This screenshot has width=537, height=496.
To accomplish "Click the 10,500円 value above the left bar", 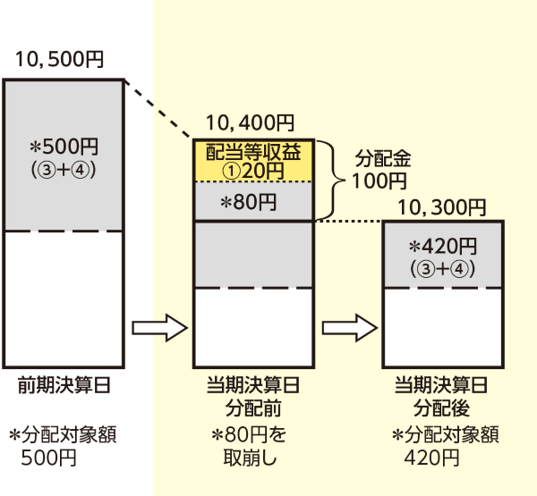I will pyautogui.click(x=59, y=61).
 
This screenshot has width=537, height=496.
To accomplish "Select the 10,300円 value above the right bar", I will pyautogui.click(x=441, y=208).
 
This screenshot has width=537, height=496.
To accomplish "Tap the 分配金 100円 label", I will pyautogui.click(x=382, y=171).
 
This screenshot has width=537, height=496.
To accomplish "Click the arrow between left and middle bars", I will pyautogui.click(x=161, y=327).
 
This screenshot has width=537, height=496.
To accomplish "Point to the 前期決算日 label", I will pyautogui.click(x=64, y=386).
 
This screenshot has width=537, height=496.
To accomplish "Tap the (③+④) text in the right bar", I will pyautogui.click(x=442, y=267).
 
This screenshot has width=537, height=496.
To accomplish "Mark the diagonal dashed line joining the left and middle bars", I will pyautogui.click(x=158, y=109).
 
